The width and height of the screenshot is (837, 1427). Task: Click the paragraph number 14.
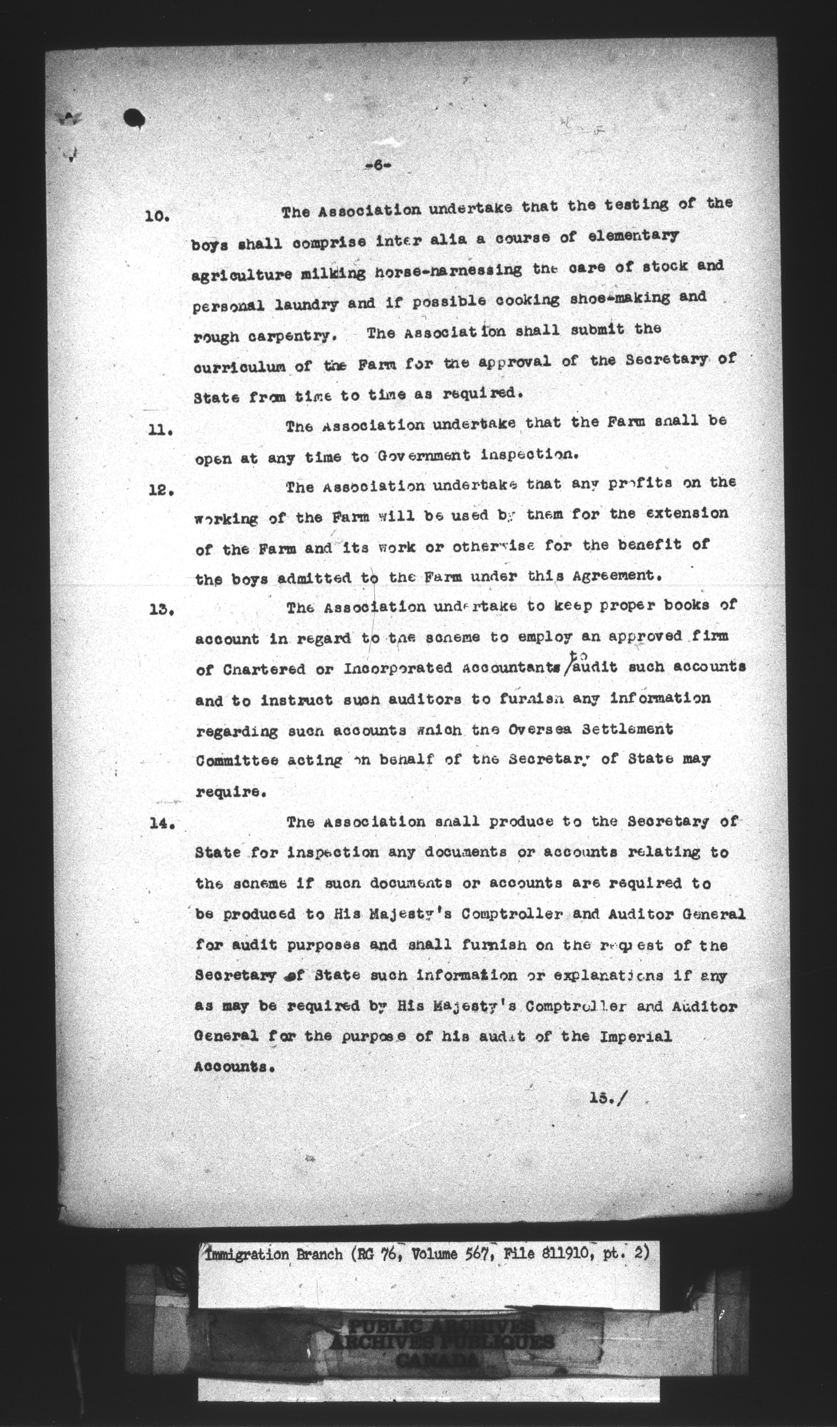(161, 824)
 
